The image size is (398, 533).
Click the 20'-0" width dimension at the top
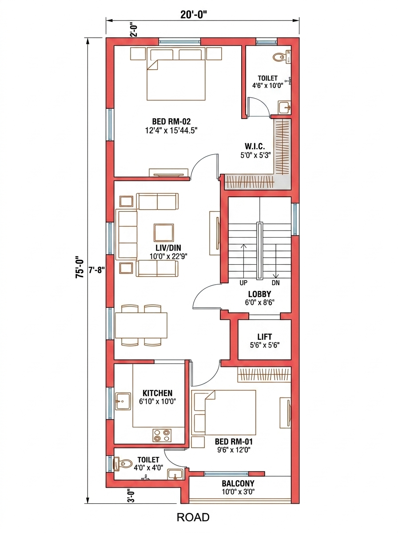(x=193, y=14)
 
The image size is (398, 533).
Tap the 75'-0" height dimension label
(x=80, y=267)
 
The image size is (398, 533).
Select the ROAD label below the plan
(x=193, y=517)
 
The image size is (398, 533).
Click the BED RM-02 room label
(x=171, y=121)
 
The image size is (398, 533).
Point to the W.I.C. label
(x=255, y=147)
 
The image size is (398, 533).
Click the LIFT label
(x=265, y=337)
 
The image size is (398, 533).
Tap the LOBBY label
(x=259, y=294)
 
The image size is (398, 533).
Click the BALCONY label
(x=238, y=483)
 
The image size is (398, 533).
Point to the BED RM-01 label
(x=234, y=441)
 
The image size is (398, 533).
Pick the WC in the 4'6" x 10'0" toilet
(x=281, y=57)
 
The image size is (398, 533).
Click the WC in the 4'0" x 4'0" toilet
(x=123, y=464)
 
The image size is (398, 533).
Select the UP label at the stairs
(x=243, y=283)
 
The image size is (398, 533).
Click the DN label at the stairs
(x=275, y=283)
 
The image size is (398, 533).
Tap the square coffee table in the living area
(x=163, y=233)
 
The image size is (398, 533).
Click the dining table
(x=141, y=326)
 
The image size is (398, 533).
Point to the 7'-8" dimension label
(x=96, y=270)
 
